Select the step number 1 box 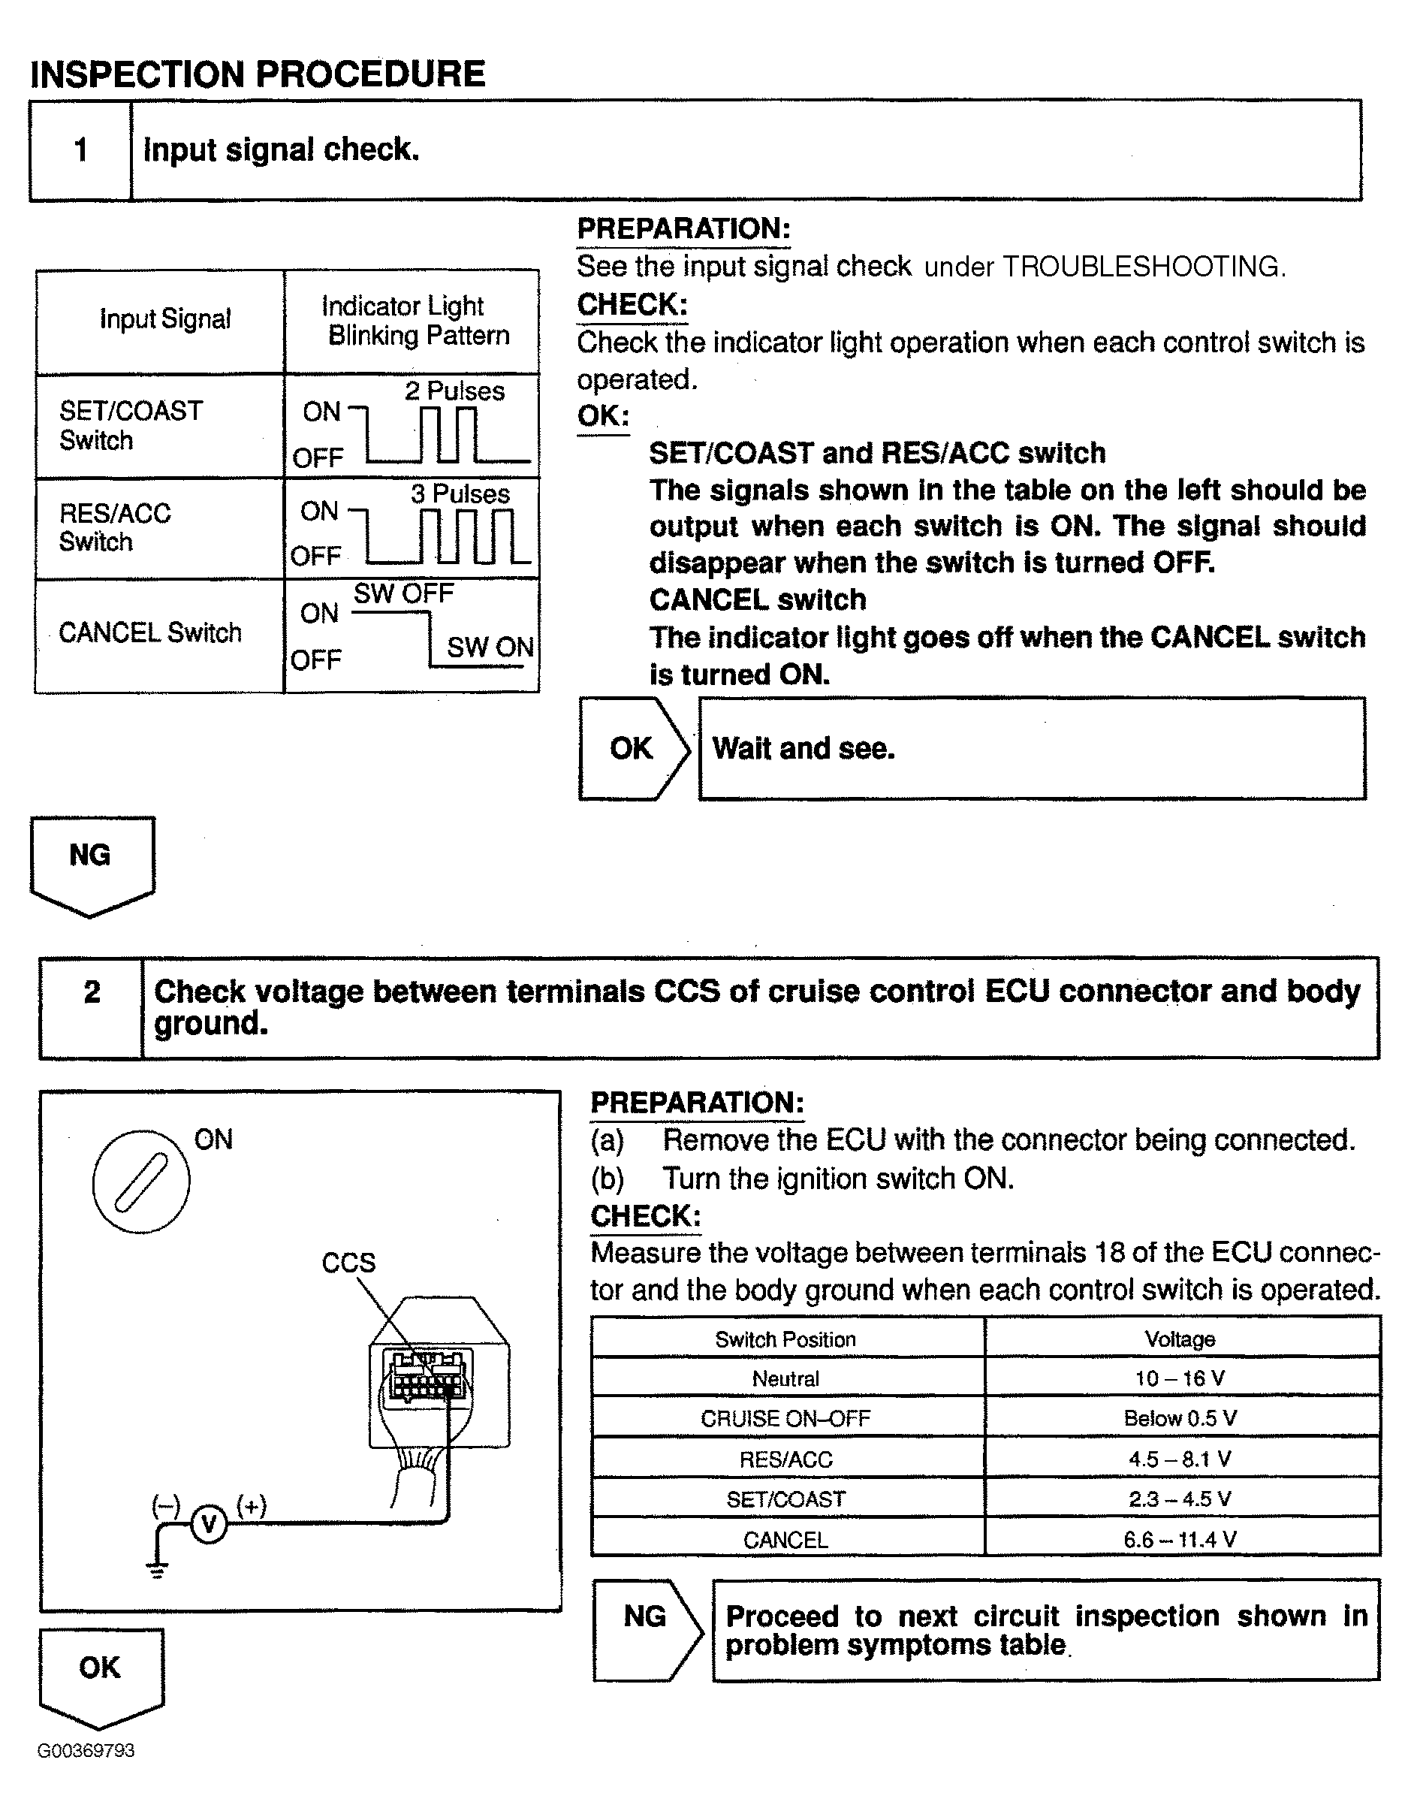click(x=80, y=150)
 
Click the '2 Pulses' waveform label click(x=454, y=391)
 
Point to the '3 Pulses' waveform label click(x=460, y=494)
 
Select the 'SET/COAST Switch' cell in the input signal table click(x=131, y=425)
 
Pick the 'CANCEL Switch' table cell click(x=150, y=633)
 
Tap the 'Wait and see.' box click(x=1032, y=748)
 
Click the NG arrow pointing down click(x=92, y=864)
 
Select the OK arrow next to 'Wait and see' click(x=633, y=748)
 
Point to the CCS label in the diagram click(x=348, y=1263)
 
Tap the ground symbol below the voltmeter click(x=156, y=1569)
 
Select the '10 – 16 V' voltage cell click(x=1180, y=1379)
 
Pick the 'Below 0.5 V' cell click(x=1180, y=1419)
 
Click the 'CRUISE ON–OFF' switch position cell click(x=785, y=1419)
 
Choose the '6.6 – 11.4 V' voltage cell click(x=1180, y=1540)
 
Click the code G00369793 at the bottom click(x=86, y=1751)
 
